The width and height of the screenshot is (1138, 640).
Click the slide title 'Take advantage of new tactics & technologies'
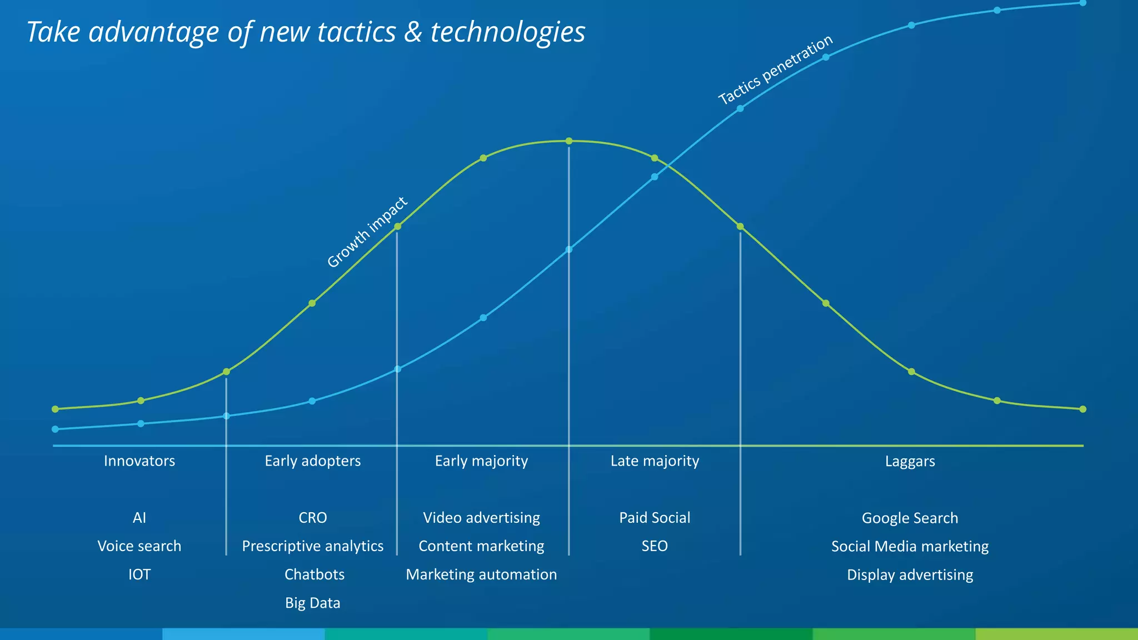(306, 32)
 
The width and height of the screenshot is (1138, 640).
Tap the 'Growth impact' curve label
(367, 232)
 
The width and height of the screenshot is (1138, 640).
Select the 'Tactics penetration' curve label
(775, 69)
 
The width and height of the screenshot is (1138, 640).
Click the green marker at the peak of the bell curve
(569, 141)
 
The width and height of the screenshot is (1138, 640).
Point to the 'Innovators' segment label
(139, 461)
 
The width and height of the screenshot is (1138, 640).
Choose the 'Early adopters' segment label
(312, 461)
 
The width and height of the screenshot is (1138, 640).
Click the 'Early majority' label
(481, 461)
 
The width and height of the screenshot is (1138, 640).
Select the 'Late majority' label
(655, 461)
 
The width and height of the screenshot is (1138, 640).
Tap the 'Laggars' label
(910, 462)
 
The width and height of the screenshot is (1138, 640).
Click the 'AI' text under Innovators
(139, 518)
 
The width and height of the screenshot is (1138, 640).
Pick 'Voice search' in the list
(139, 546)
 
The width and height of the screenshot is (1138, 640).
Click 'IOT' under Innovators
(139, 574)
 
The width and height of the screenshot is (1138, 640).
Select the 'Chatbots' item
(315, 574)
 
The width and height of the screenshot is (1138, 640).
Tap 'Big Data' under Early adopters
(312, 603)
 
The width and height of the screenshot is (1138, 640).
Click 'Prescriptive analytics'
(312, 546)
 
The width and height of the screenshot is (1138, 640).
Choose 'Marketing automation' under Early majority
(481, 574)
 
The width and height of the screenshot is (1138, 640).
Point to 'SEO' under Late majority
(655, 546)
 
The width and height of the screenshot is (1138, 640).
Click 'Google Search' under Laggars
(910, 518)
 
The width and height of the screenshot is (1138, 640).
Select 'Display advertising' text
(910, 575)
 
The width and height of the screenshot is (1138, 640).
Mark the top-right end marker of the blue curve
(1082, 3)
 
